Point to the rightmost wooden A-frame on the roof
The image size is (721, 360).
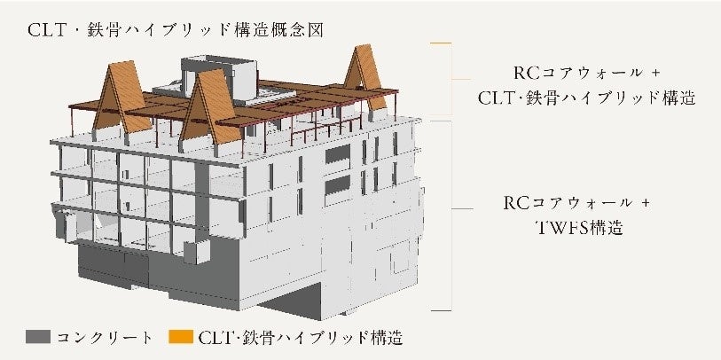pos(364,78)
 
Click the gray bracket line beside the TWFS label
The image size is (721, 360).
pos(453,213)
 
